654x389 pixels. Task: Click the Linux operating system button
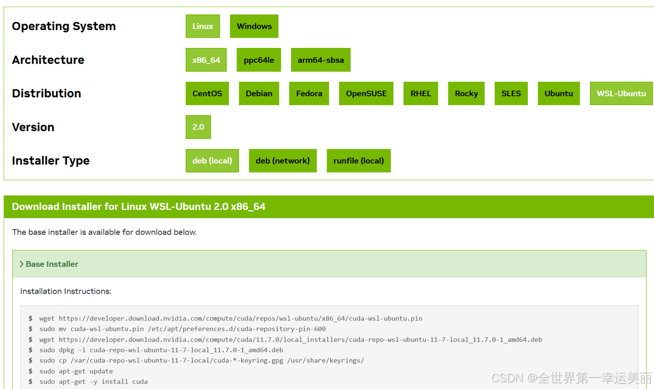click(203, 27)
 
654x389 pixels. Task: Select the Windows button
click(254, 27)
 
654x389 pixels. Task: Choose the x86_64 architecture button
click(206, 60)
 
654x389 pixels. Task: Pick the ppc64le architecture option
click(259, 60)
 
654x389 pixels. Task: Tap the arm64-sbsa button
click(321, 60)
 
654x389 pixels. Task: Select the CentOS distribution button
click(207, 94)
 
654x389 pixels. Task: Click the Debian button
click(259, 94)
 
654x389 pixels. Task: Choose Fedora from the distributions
click(309, 94)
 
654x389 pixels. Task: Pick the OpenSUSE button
click(366, 94)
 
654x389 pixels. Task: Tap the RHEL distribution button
click(421, 94)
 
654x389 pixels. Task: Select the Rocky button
click(466, 94)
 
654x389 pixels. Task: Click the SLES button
click(511, 94)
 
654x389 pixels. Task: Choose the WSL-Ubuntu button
click(621, 94)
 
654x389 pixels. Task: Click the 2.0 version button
click(198, 127)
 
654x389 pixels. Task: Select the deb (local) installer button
click(212, 161)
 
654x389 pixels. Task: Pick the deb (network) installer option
click(283, 161)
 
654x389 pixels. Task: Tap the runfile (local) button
click(359, 161)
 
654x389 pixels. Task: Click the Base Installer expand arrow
click(21, 264)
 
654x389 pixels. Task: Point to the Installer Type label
click(51, 161)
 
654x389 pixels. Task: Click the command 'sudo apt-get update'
click(76, 371)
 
